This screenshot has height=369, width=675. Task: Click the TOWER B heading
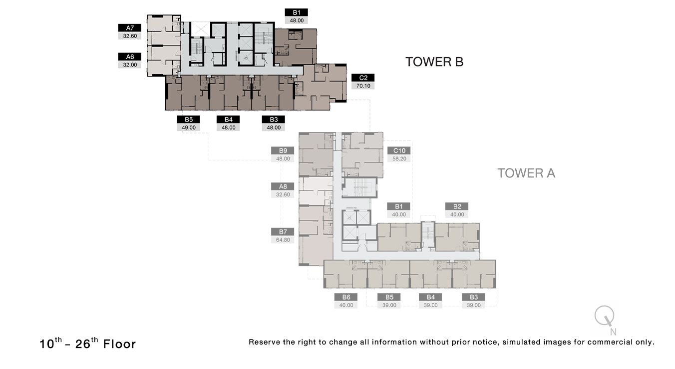[434, 62]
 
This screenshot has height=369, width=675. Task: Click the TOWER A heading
[526, 173]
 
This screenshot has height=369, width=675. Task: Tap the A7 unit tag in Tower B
[129, 28]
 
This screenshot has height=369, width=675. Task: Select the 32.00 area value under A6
[129, 64]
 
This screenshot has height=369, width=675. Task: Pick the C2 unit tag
[362, 78]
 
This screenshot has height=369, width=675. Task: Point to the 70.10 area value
[362, 86]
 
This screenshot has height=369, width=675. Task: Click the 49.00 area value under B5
[188, 127]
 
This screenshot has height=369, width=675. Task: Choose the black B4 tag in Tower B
[228, 119]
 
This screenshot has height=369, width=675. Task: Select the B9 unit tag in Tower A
[283, 150]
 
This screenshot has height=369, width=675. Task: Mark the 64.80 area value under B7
[283, 239]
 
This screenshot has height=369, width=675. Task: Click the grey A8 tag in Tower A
[283, 186]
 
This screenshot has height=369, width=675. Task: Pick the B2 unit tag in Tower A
[457, 206]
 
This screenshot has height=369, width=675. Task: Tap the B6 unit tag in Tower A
[346, 297]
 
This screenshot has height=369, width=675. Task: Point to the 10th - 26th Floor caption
[87, 343]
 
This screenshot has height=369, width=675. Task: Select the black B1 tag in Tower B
[296, 12]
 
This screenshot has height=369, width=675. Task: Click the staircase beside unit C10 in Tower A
[359, 187]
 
